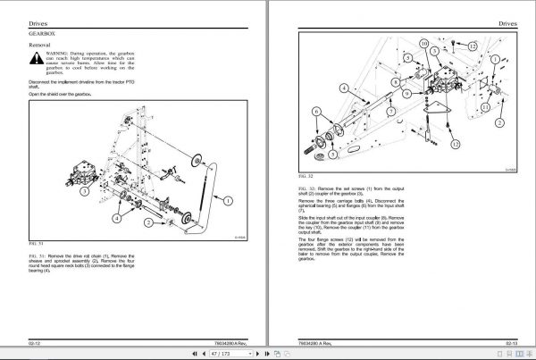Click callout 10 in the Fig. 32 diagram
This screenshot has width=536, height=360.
tap(423, 44)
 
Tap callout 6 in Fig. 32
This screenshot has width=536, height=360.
tap(317, 111)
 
